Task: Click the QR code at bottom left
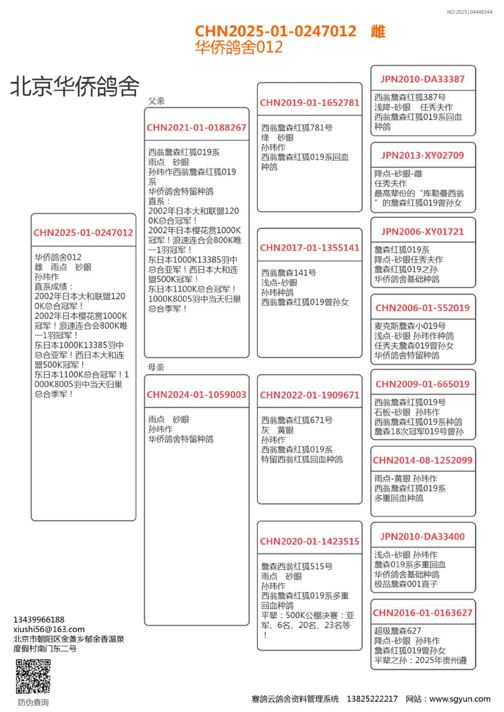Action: point(33,676)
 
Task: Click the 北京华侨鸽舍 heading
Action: point(75,86)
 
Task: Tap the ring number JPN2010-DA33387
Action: point(422,79)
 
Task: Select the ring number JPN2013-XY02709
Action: point(422,156)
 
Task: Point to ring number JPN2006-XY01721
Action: point(422,232)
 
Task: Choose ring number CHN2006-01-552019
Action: point(422,308)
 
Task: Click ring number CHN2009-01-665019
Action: point(422,384)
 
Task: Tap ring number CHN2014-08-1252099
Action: point(422,460)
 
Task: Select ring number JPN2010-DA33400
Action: point(422,537)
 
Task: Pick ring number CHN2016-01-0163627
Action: point(422,613)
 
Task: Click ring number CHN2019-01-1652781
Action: point(309,103)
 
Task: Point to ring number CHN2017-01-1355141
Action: point(309,248)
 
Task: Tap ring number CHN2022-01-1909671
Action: point(309,395)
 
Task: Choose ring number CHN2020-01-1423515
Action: point(309,542)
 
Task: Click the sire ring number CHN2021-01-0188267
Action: point(197,128)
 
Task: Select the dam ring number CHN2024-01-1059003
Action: point(197,395)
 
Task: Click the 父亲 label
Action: point(156,101)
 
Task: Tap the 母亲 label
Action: point(156,367)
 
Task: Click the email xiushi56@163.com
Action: point(49,629)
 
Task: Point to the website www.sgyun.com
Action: point(460,699)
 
